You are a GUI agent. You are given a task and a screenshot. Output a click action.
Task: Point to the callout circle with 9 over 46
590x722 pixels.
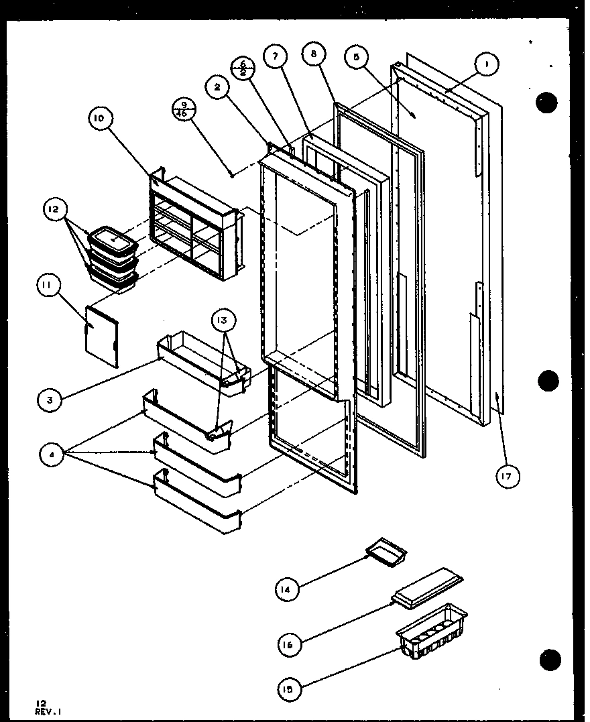click(x=183, y=109)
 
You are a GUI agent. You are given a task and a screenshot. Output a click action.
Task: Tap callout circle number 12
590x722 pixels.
click(x=54, y=209)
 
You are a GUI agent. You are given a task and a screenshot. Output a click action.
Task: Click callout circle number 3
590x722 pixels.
click(x=50, y=400)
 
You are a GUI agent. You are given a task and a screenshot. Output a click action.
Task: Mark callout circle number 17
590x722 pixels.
click(x=508, y=477)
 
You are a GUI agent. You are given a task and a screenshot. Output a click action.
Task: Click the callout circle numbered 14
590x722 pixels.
click(x=286, y=589)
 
